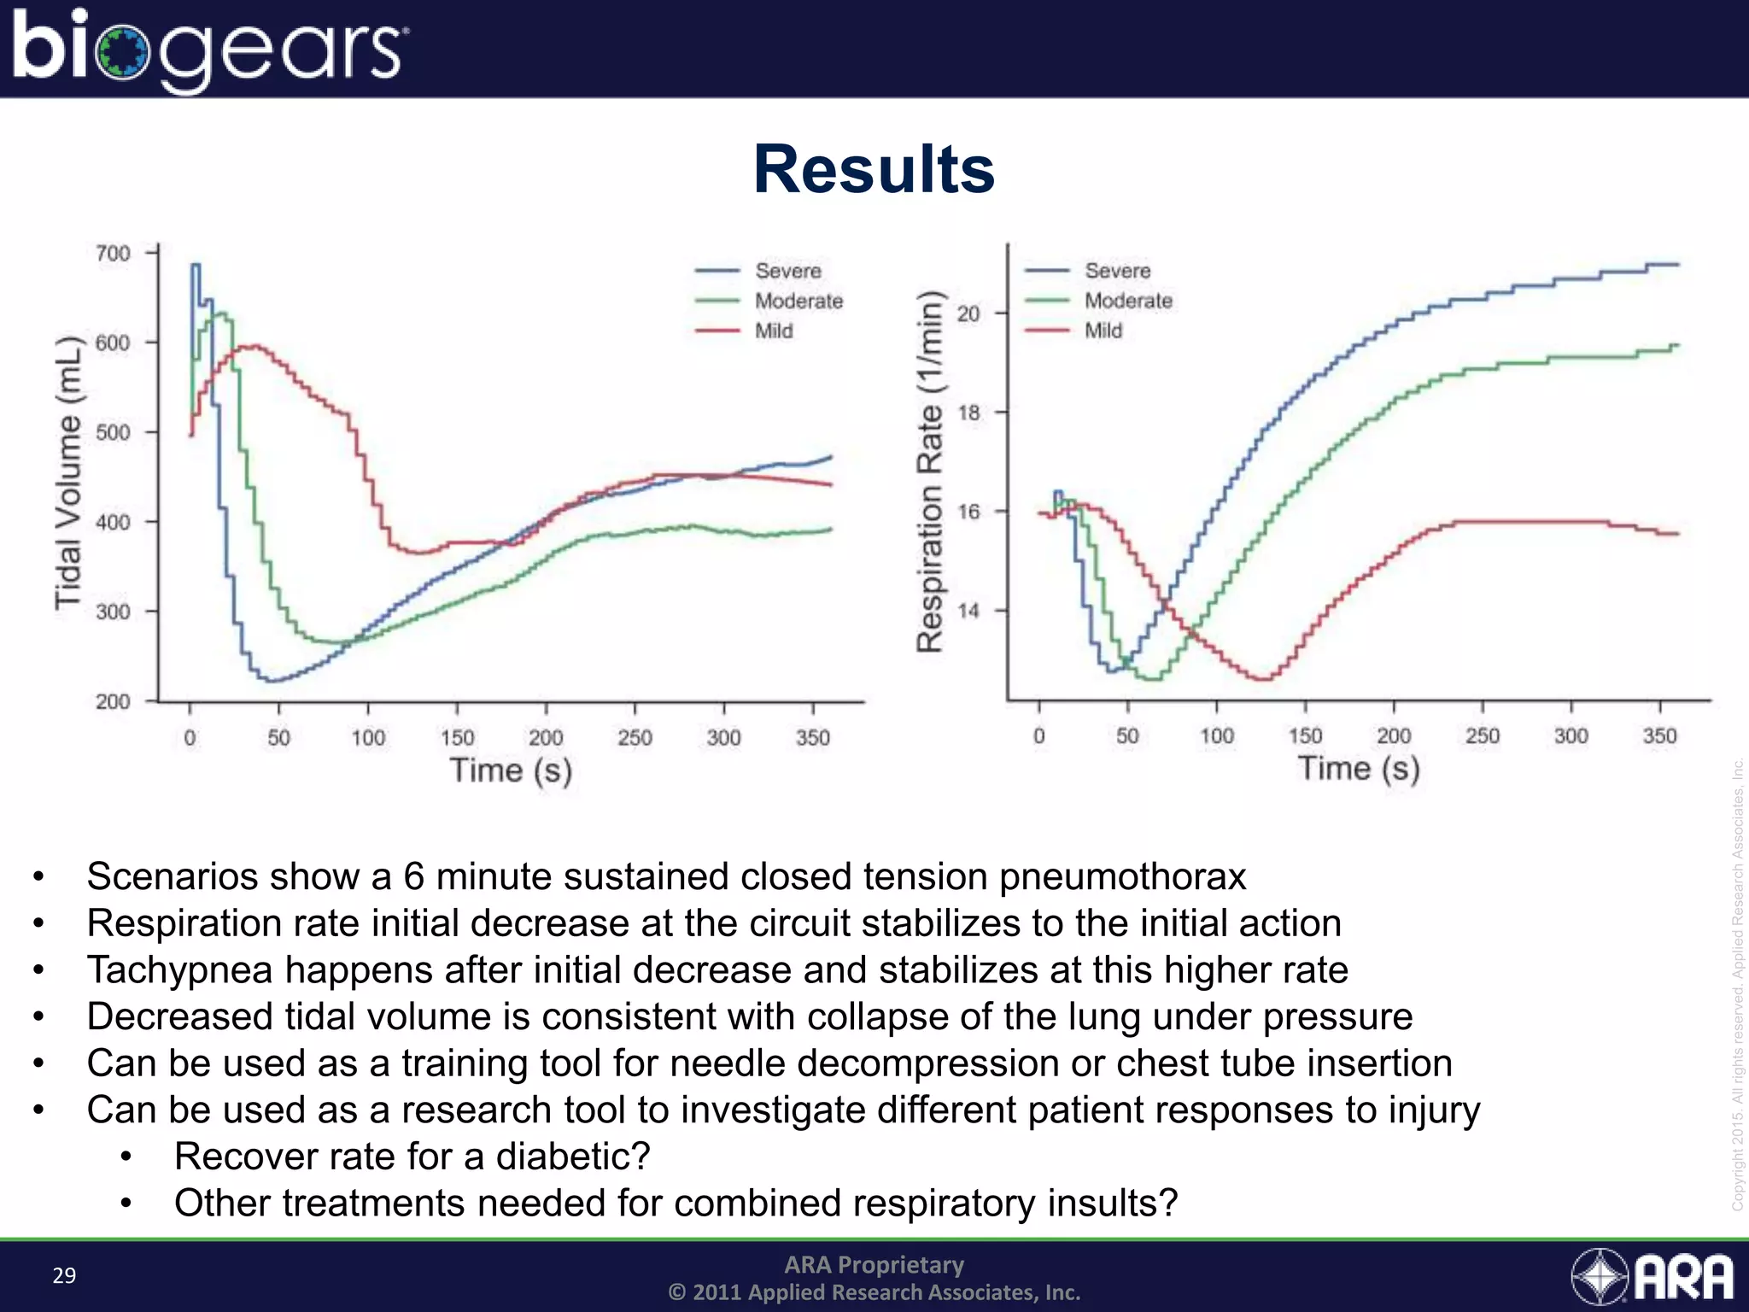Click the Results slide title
click(874, 169)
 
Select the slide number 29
click(64, 1275)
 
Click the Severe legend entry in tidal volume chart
click(787, 271)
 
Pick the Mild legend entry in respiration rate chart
click(1103, 331)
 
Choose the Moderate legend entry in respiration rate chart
click(1127, 301)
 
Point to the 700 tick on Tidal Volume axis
click(113, 254)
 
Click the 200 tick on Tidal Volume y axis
click(113, 701)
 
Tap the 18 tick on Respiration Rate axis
click(968, 413)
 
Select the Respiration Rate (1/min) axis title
click(931, 471)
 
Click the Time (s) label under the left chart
click(511, 770)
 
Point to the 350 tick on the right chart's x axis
click(1659, 735)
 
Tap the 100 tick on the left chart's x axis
click(368, 737)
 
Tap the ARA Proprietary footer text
click(874, 1264)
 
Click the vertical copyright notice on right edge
click(1737, 982)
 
